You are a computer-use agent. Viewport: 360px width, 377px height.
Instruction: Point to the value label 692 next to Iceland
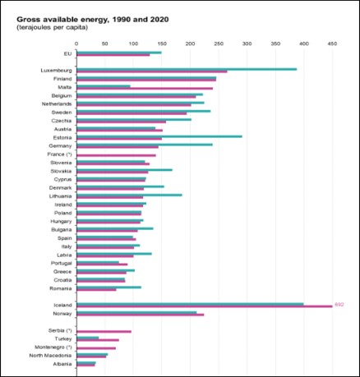tap(339, 305)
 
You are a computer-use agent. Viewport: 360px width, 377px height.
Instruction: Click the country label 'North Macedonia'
tap(50, 355)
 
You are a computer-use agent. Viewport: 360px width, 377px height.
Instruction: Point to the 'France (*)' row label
tap(58, 154)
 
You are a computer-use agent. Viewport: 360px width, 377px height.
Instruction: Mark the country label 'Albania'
tap(62, 364)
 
